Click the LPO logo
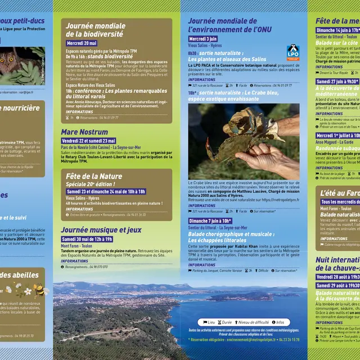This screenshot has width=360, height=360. click(x=292, y=52)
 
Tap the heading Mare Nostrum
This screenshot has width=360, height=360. click(x=84, y=132)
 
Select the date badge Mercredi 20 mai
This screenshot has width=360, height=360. click(x=82, y=43)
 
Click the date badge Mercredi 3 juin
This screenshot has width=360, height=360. click(x=204, y=39)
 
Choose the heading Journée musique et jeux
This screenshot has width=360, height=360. click(x=101, y=230)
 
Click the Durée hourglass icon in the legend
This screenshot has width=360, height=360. click(x=219, y=322)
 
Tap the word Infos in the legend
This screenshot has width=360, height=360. click(x=280, y=322)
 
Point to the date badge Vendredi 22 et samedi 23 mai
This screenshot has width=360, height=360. click(x=88, y=141)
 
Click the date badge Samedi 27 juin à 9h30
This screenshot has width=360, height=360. click(x=337, y=81)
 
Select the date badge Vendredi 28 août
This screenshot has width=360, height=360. click(x=337, y=277)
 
